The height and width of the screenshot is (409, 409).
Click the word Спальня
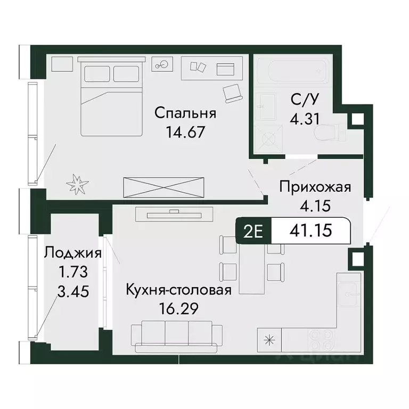(185, 113)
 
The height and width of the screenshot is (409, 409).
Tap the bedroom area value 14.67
(185, 132)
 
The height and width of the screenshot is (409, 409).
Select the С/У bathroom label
(305, 99)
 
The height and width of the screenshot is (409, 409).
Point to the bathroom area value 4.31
(305, 118)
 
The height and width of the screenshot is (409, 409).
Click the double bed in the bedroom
(111, 97)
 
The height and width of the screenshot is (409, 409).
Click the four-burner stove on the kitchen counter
(321, 339)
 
